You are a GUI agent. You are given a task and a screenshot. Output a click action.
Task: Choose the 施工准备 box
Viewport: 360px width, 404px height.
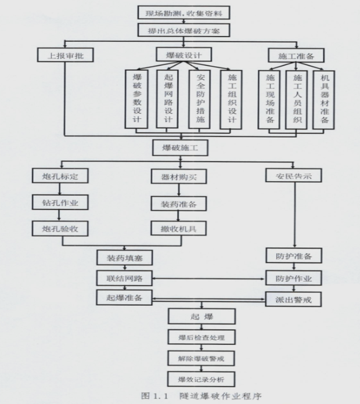click(297, 56)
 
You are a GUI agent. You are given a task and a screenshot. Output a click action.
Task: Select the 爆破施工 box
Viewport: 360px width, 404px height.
click(181, 148)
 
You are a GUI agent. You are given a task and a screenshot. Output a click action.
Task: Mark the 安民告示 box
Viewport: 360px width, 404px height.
click(294, 175)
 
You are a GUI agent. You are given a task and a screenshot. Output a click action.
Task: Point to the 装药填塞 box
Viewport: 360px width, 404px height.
click(125, 256)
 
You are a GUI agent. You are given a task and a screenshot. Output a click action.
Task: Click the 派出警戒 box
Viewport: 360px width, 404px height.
click(294, 301)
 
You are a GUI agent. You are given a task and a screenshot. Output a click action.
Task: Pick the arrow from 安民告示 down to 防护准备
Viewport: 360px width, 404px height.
click(294, 215)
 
